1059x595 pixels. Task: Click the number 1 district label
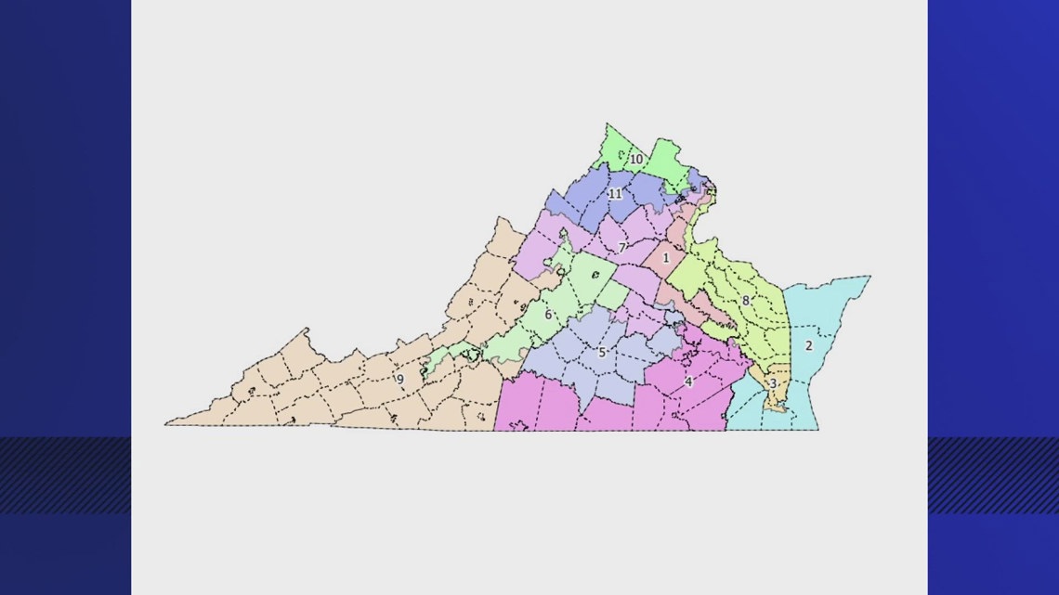pyautogui.click(x=665, y=257)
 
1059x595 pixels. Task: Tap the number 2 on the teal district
pyautogui.click(x=808, y=346)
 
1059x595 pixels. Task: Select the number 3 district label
pyautogui.click(x=773, y=383)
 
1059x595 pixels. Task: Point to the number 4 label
pyautogui.click(x=688, y=382)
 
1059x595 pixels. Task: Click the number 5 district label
pyautogui.click(x=602, y=353)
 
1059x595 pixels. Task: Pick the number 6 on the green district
pyautogui.click(x=548, y=315)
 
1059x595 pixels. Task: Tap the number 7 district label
pyautogui.click(x=621, y=248)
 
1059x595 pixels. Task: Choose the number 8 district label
pyautogui.click(x=745, y=301)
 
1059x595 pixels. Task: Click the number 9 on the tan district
pyautogui.click(x=400, y=379)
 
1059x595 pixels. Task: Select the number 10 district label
pyautogui.click(x=636, y=160)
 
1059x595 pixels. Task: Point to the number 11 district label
pyautogui.click(x=615, y=193)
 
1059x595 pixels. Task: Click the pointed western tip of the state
pyautogui.click(x=168, y=424)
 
